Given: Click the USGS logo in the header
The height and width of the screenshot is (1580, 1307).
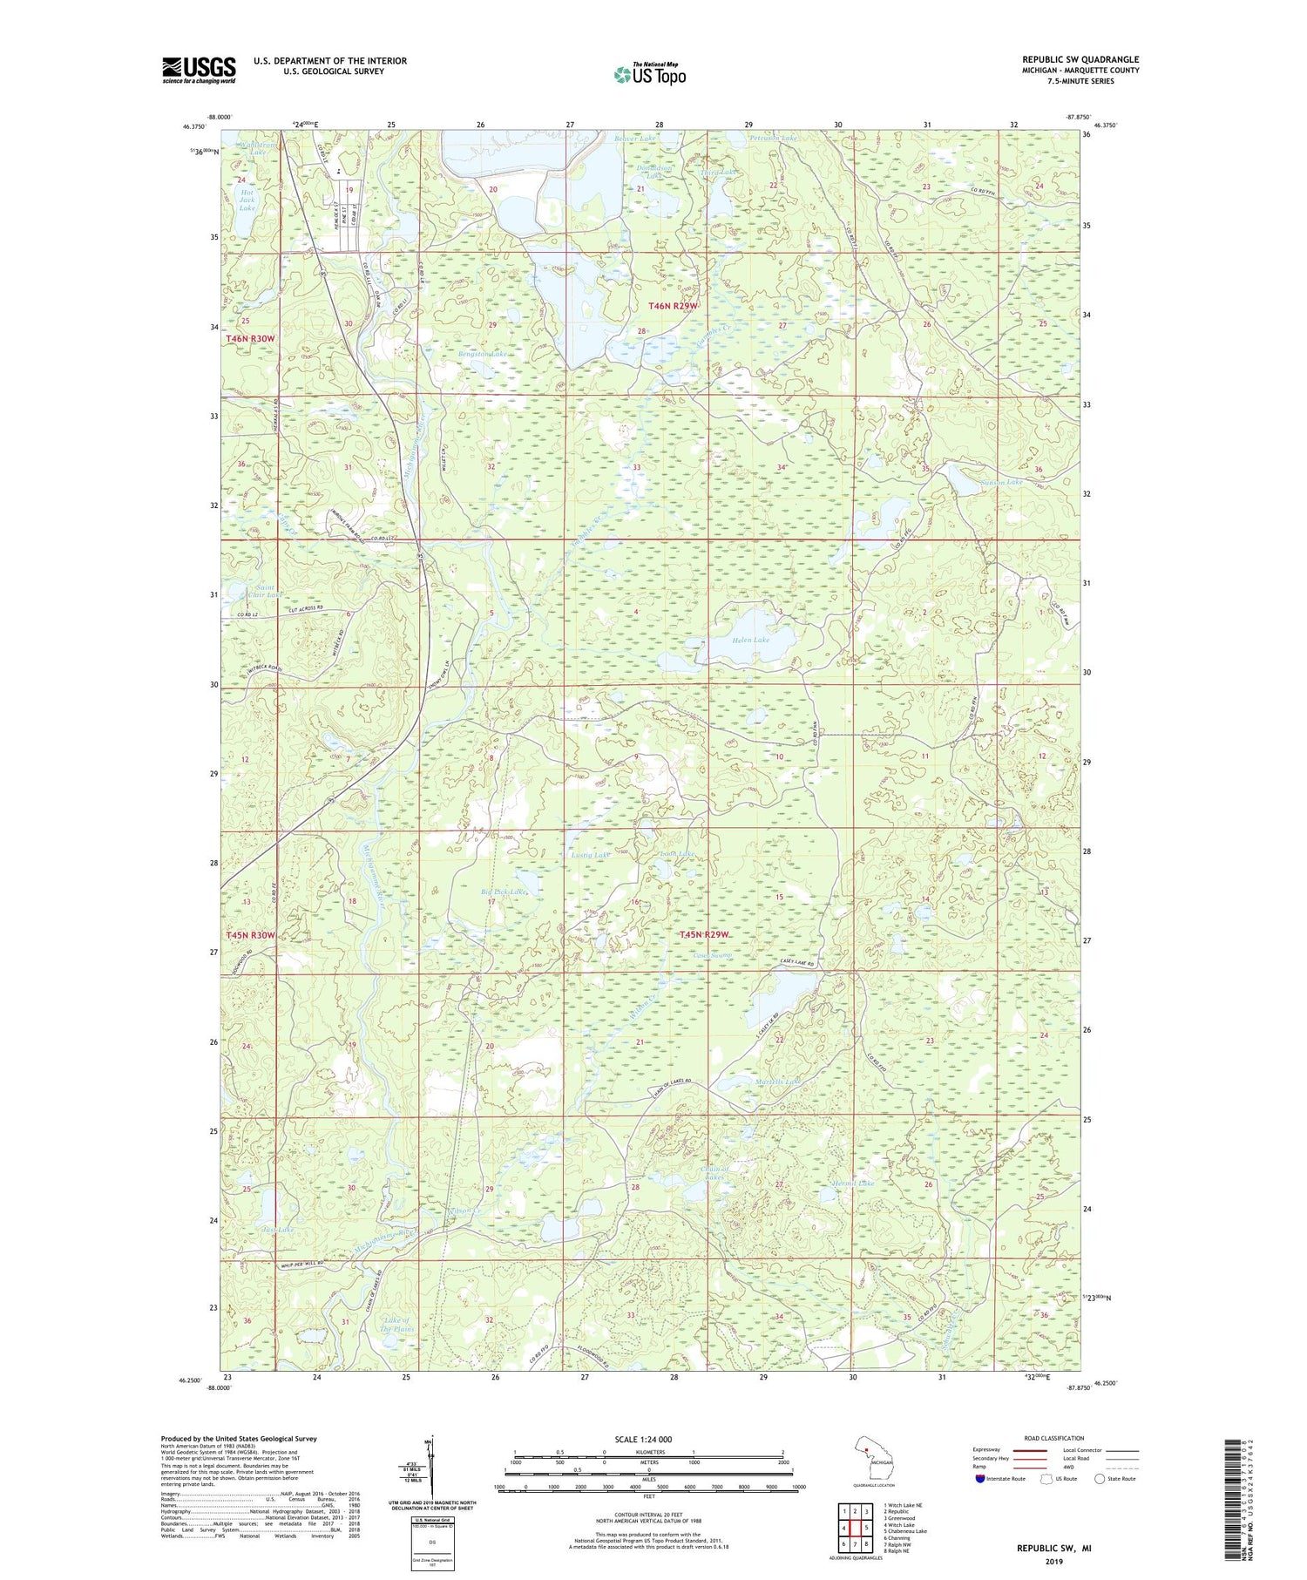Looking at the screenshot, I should pyautogui.click(x=199, y=70).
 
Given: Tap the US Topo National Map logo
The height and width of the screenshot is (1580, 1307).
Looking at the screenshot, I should pyautogui.click(x=649, y=74).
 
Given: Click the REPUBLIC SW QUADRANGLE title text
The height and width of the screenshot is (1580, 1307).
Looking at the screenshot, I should pyautogui.click(x=1080, y=59).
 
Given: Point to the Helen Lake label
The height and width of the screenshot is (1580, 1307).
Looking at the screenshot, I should pyautogui.click(x=750, y=640).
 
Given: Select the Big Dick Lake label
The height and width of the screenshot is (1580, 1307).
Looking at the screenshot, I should pyautogui.click(x=505, y=892).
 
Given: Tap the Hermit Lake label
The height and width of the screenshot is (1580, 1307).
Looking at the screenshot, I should pyautogui.click(x=852, y=1183).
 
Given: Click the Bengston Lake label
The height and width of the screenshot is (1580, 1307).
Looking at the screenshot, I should pyautogui.click(x=483, y=355).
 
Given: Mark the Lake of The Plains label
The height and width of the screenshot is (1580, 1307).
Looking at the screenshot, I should pyautogui.click(x=397, y=1325).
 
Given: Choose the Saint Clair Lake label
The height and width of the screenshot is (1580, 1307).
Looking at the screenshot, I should pyautogui.click(x=263, y=591).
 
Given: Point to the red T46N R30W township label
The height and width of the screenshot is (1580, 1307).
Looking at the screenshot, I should pyautogui.click(x=250, y=338).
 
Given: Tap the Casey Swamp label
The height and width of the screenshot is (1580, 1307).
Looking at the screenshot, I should pyautogui.click(x=713, y=956).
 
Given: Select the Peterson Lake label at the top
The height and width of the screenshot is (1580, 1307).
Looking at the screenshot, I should pyautogui.click(x=773, y=139).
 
